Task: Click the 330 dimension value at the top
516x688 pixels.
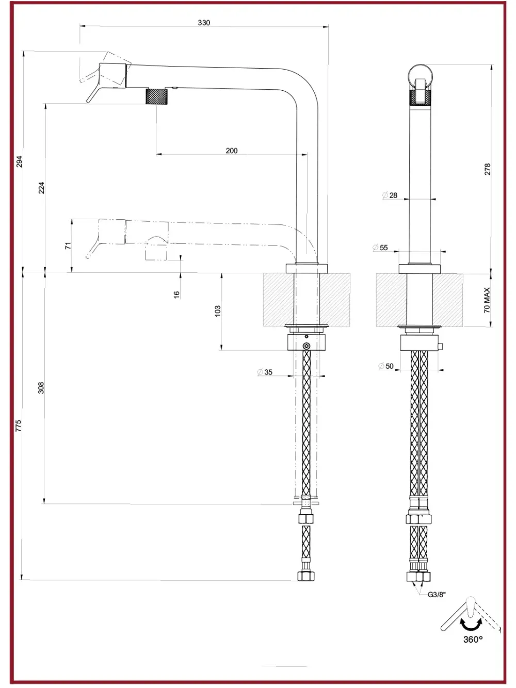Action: pyautogui.click(x=204, y=23)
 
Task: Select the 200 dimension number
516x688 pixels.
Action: pyautogui.click(x=232, y=151)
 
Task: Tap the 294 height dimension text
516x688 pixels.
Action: pyautogui.click(x=20, y=161)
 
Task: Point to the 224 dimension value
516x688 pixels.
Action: pyautogui.click(x=41, y=188)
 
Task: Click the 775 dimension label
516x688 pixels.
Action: pyautogui.click(x=19, y=425)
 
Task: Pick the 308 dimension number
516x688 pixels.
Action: pyautogui.click(x=41, y=388)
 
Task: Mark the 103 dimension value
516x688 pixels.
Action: pyautogui.click(x=218, y=311)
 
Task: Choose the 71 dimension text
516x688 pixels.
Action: pyautogui.click(x=68, y=245)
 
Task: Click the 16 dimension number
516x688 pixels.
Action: pyautogui.click(x=176, y=294)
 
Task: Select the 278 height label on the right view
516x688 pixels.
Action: pyautogui.click(x=487, y=169)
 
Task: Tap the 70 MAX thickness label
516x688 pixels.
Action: pyautogui.click(x=487, y=300)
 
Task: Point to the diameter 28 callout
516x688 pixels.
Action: pyautogui.click(x=390, y=195)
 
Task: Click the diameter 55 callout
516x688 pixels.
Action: pyautogui.click(x=380, y=248)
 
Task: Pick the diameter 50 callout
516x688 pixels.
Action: pyautogui.click(x=386, y=366)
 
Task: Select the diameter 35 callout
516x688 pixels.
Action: pyautogui.click(x=265, y=372)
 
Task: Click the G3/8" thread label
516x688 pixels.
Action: pyautogui.click(x=437, y=595)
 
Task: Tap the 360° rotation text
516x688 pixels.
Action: pyautogui.click(x=473, y=640)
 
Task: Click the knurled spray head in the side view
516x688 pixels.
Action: pyautogui.click(x=156, y=96)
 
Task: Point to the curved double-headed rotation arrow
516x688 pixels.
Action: pyautogui.click(x=471, y=624)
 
